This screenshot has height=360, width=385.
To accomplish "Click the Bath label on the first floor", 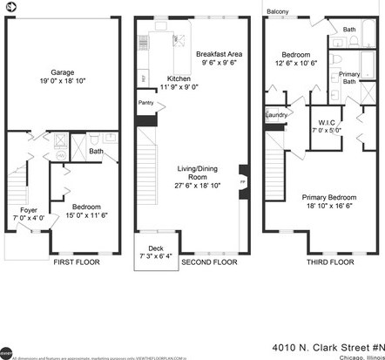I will (96, 152).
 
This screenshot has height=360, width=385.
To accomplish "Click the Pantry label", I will (145, 104).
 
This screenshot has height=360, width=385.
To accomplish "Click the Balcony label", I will (278, 11).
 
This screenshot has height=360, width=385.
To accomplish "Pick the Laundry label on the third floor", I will (276, 115).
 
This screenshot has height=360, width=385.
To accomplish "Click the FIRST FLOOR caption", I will (76, 262).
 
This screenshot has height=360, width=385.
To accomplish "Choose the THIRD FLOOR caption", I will (330, 262).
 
